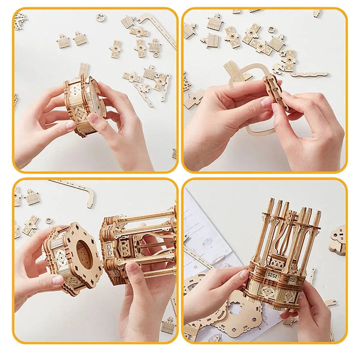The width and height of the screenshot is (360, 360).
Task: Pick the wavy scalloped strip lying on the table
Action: click(310, 74)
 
